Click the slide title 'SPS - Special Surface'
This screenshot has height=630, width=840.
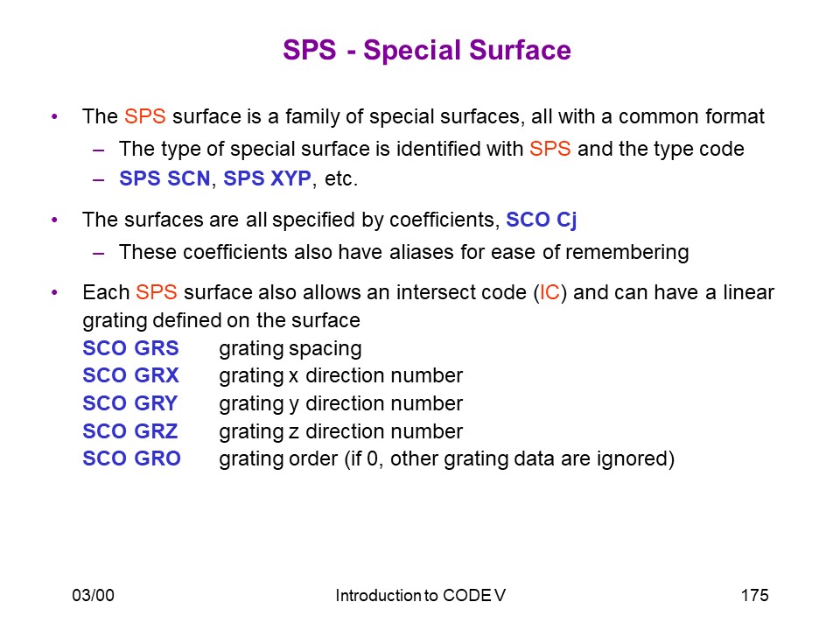pos(427,51)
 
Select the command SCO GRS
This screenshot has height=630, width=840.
pos(130,348)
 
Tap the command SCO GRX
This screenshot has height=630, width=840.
pos(130,375)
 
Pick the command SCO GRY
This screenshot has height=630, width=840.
pos(130,403)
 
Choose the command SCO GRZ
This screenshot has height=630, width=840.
pos(130,431)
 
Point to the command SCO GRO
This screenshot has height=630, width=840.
pos(132,458)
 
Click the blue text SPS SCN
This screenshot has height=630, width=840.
pos(164,178)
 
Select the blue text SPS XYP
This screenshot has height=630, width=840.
pos(267,178)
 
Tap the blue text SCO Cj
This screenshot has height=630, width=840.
pos(541,220)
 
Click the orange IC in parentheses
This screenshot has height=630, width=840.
pos(549,292)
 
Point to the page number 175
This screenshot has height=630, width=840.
pos(755,595)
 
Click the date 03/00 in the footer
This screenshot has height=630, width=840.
pos(94,595)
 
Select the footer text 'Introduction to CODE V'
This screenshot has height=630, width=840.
pos(421,595)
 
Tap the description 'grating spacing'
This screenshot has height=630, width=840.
pos(290,349)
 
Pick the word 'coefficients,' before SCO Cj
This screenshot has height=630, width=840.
pos(444,220)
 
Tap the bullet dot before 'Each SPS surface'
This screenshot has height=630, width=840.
pos(54,292)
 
